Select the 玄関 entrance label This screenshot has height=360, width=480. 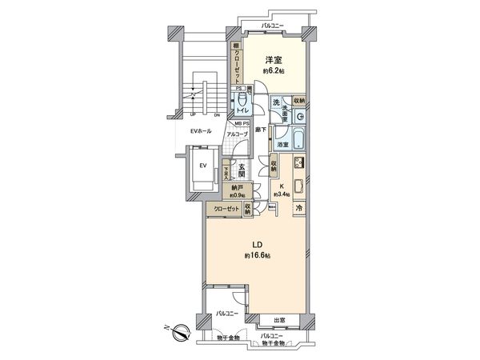tap(242, 170)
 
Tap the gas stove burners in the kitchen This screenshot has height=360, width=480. tap(298, 165)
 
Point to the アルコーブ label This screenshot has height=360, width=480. tap(237, 134)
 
